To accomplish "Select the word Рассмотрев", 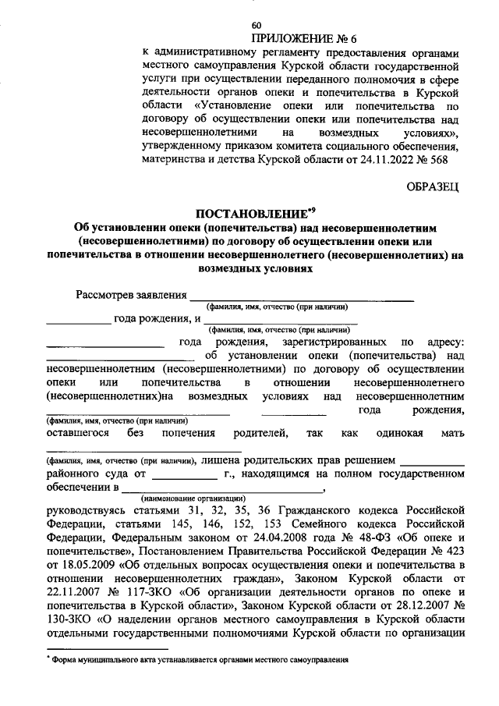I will [x=107, y=296].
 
